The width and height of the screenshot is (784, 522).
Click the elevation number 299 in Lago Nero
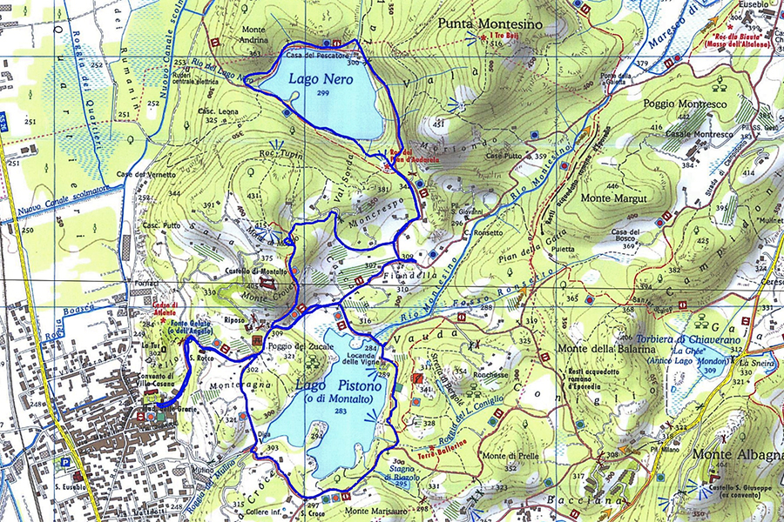pyautogui.click(x=323, y=93)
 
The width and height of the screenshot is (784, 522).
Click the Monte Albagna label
pyautogui.click(x=737, y=454)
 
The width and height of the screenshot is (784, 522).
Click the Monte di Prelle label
pyautogui.click(x=506, y=457)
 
